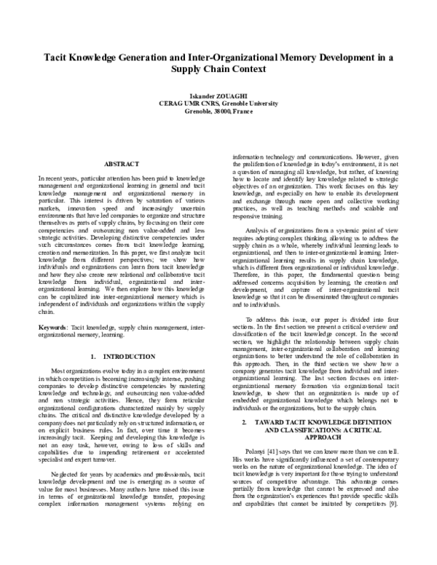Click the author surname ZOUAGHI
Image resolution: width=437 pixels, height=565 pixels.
coord(238,95)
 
